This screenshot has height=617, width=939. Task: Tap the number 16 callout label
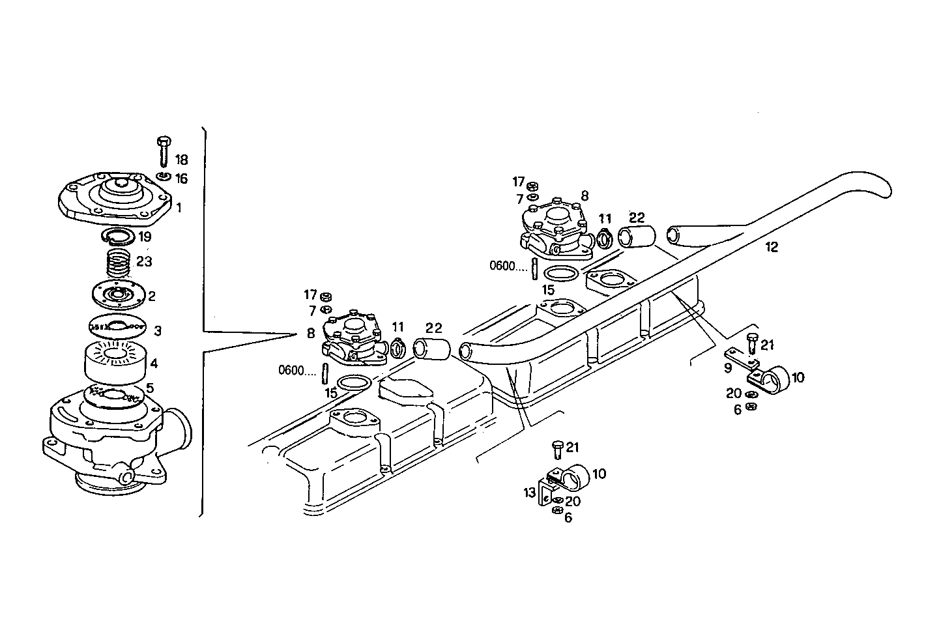click(x=181, y=179)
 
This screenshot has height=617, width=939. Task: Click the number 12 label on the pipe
click(x=772, y=247)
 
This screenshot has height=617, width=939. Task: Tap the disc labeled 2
click(x=117, y=294)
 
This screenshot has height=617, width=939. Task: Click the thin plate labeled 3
click(x=116, y=326)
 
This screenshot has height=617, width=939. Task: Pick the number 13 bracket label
click(x=530, y=493)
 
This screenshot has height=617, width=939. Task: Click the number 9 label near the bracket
click(x=727, y=367)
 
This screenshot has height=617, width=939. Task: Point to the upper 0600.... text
click(x=510, y=266)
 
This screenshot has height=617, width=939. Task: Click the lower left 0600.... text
click(x=297, y=370)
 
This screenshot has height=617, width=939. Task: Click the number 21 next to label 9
click(x=768, y=345)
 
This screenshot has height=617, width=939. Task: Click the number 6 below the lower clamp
click(x=568, y=518)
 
